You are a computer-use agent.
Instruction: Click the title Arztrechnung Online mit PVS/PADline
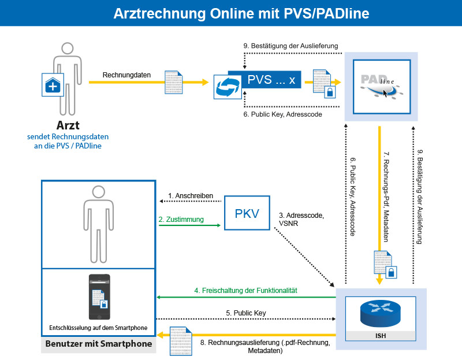pyautogui.click(x=231, y=13)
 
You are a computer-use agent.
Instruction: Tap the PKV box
pyautogui.click(x=247, y=214)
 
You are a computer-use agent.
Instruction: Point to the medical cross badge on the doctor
pyautogui.click(x=53, y=86)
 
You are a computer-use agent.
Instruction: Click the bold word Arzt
pyautogui.click(x=68, y=125)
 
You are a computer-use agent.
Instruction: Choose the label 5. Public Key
pyautogui.click(x=245, y=313)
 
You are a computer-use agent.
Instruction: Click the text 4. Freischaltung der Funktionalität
pyautogui.click(x=245, y=291)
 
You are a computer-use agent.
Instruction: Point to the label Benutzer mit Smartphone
pyautogui.click(x=98, y=344)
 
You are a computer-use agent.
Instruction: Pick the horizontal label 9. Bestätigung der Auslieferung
pyautogui.click(x=290, y=46)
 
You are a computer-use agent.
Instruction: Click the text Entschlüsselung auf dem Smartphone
pyautogui.click(x=98, y=328)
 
